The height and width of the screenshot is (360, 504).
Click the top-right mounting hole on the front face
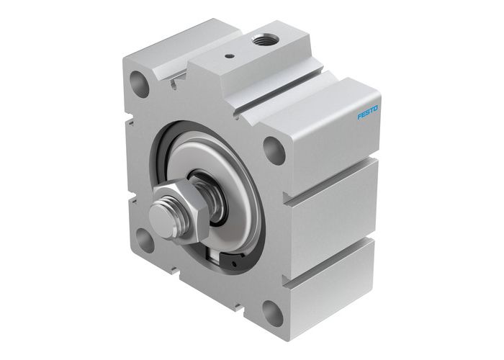pyautogui.click(x=274, y=149)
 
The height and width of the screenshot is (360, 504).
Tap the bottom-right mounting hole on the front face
pyautogui.click(x=272, y=312)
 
